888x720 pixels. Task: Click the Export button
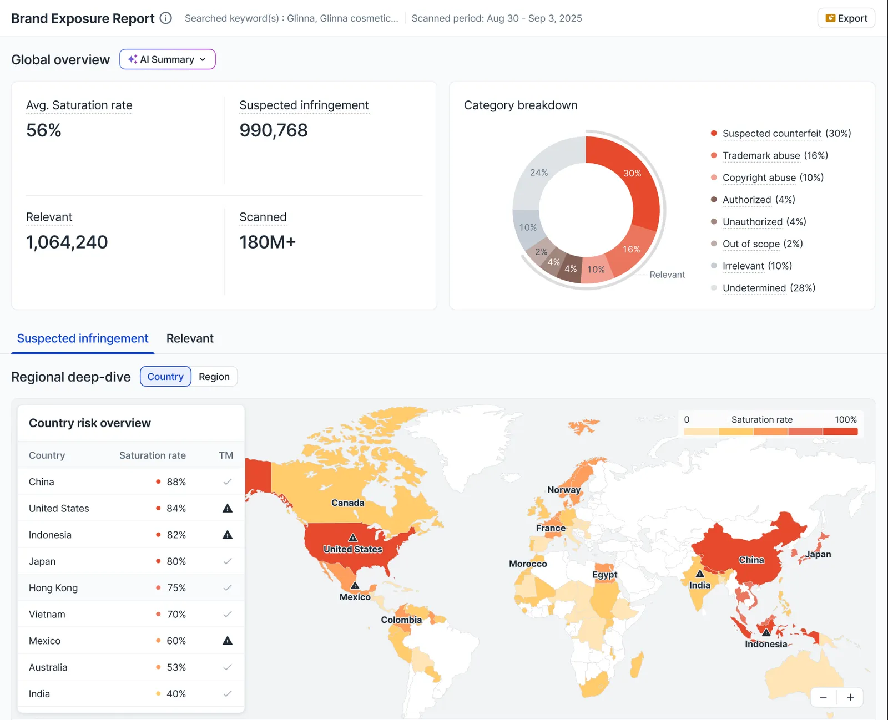tap(846, 18)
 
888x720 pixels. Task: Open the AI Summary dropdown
tap(167, 59)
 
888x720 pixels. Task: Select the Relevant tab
tap(190, 338)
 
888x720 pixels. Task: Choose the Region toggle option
tap(214, 377)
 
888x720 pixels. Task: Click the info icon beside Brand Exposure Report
tap(165, 18)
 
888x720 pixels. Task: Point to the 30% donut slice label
tap(632, 173)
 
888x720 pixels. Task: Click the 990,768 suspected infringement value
tap(274, 130)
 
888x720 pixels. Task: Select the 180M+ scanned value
tap(268, 242)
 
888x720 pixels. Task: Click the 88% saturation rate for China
tap(176, 482)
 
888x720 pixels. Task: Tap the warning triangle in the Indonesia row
tap(227, 535)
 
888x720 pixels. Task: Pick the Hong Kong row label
tap(53, 588)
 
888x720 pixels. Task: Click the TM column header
tap(226, 455)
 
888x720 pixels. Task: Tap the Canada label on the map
tap(347, 503)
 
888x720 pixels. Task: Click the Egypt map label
tap(604, 575)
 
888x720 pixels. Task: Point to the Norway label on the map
tap(564, 490)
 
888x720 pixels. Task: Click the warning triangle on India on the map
tap(700, 574)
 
